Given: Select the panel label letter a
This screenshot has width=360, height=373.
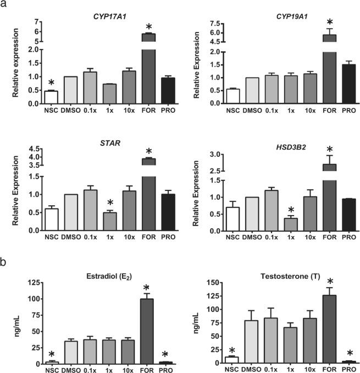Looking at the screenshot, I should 5,6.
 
